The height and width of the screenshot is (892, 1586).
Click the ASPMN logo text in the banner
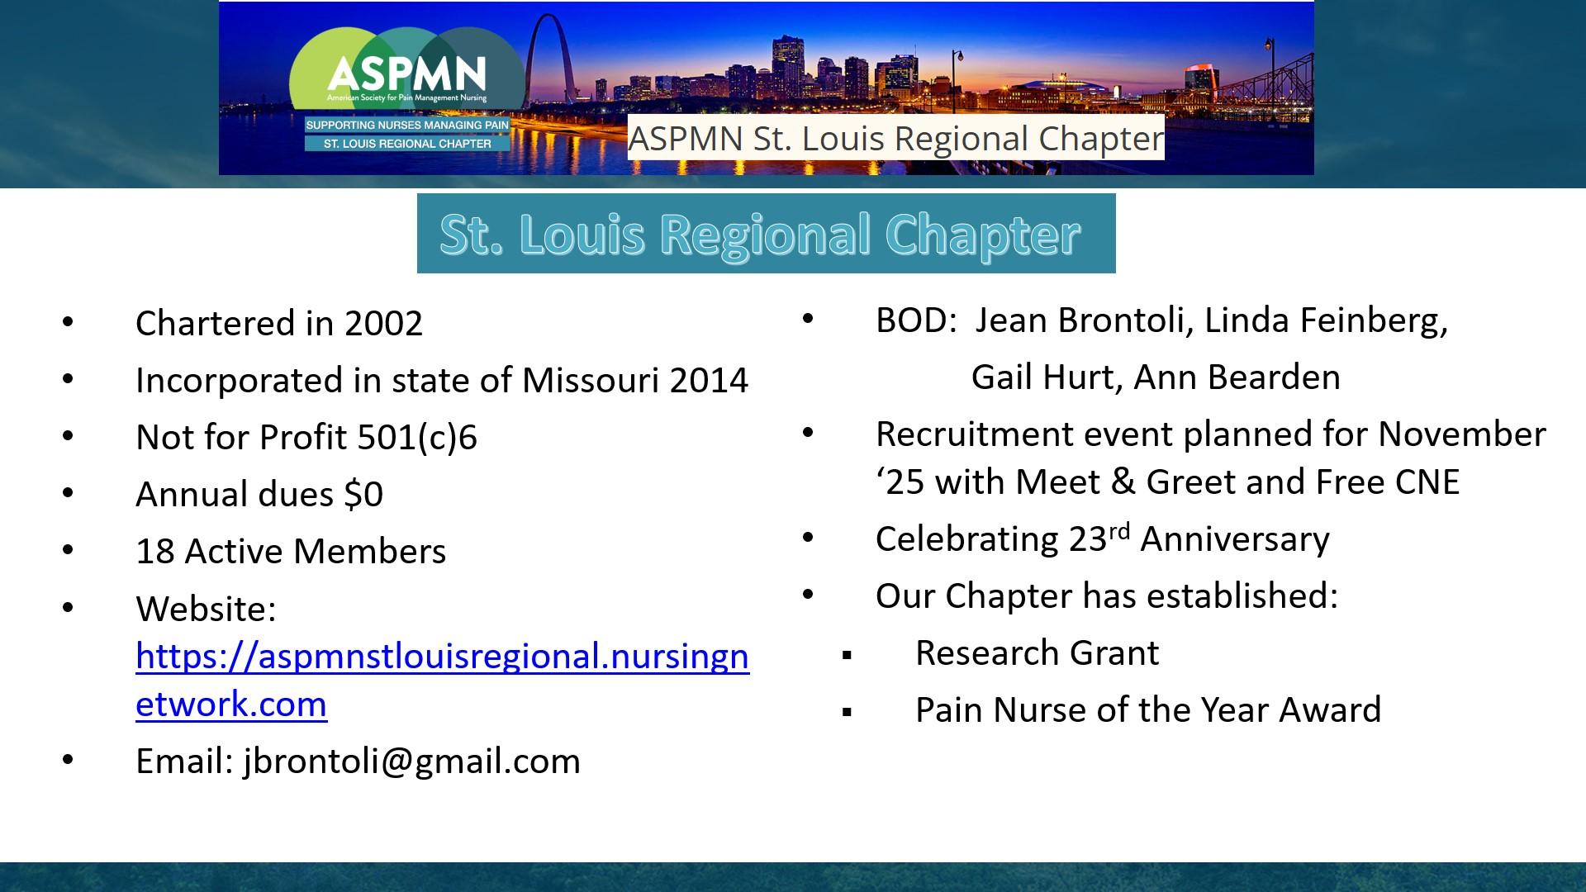tap(406, 74)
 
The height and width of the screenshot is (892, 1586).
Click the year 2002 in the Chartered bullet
tap(383, 323)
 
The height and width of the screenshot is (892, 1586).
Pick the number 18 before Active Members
tap(154, 551)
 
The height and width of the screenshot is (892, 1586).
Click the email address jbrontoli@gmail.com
tap(412, 762)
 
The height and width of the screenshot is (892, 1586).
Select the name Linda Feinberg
tap(1326, 320)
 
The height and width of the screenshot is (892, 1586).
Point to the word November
tap(1462, 434)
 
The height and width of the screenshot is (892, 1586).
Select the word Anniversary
tap(1235, 539)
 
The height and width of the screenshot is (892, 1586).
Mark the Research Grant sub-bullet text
tap(1037, 653)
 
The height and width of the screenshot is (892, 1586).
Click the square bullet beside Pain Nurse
tap(847, 712)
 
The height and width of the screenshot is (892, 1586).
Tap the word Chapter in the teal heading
tap(983, 235)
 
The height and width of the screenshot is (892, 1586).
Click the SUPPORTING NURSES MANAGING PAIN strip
tap(407, 126)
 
